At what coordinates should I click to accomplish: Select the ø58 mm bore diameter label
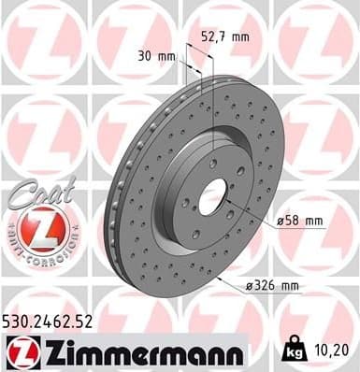[x=299, y=221]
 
